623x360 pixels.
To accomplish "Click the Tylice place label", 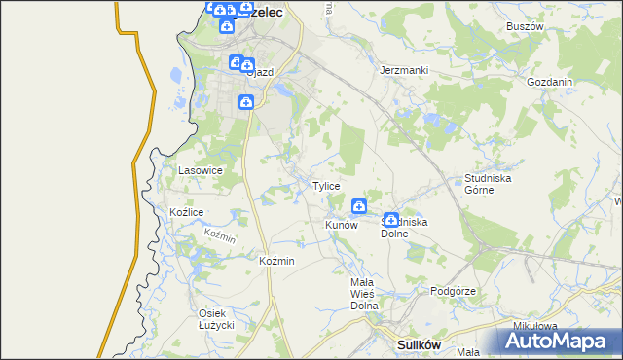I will pos(325,186).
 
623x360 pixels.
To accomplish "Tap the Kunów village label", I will pos(342,225).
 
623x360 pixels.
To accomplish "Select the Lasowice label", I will pos(201,170).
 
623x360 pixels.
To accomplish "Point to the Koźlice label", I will pos(186,212).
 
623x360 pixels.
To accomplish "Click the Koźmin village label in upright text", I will pos(276,262).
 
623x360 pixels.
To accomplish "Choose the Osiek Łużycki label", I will pos(219,319).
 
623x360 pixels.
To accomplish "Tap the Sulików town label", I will pos(421,344).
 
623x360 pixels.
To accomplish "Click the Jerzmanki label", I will pos(404,71).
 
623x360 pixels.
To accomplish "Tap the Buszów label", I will pos(524,27).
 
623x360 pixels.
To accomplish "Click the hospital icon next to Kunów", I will pos(358,205).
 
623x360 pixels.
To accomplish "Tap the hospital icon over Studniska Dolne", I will pos(391,220).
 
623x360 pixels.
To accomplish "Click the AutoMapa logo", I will pos(559,342).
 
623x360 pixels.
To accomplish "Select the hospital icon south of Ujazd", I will pos(247,102).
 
